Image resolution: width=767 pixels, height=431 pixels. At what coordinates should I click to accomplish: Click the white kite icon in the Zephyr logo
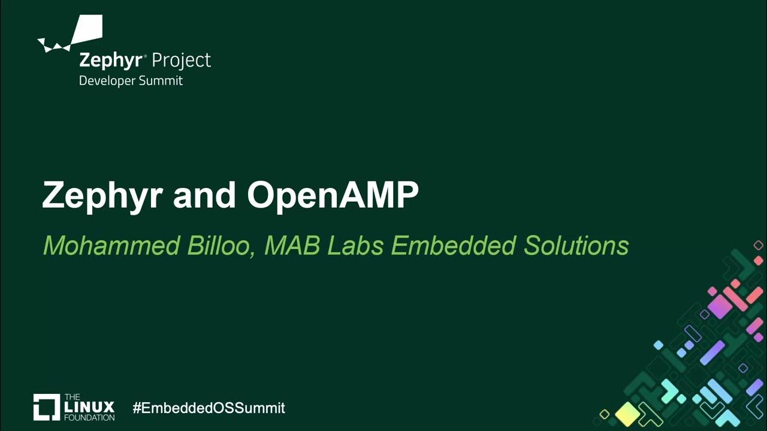tap(84, 33)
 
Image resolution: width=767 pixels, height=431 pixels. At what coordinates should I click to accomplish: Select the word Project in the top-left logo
tap(181, 60)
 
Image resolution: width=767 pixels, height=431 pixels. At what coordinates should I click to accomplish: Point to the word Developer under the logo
tap(107, 80)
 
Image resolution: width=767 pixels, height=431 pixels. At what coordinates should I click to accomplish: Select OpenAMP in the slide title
tap(333, 195)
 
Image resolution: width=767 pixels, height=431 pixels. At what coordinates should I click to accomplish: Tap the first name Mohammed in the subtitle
tap(111, 245)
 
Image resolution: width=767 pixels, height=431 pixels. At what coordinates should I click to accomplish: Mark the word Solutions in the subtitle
tap(576, 245)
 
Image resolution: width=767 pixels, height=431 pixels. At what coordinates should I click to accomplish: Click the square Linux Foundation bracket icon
tap(46, 407)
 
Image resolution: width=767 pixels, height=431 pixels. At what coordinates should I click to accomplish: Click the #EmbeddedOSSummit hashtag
tap(209, 408)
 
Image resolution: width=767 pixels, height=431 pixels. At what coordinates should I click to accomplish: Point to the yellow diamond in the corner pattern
tap(627, 412)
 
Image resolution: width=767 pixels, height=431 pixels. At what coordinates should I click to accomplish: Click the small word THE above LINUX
tap(71, 397)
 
